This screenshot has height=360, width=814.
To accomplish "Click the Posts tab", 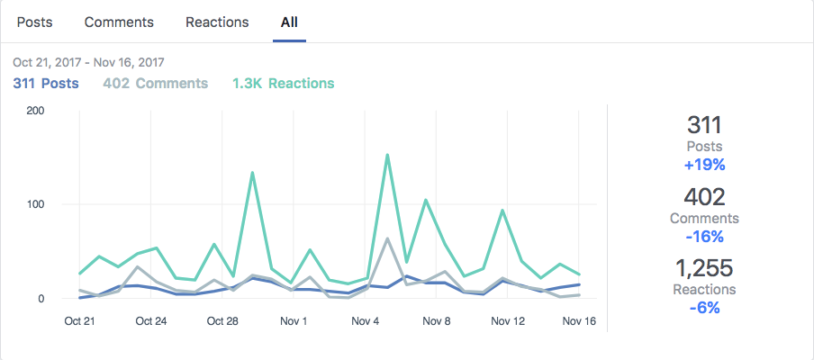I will (x=33, y=22).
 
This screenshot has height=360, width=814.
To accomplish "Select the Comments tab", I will (x=119, y=22).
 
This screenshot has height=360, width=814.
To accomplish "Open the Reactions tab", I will (x=217, y=22).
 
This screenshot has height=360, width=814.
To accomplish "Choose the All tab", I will (x=289, y=22).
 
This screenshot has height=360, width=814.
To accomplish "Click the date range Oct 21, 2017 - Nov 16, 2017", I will (x=88, y=63).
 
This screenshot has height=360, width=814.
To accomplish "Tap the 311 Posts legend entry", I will (x=46, y=84).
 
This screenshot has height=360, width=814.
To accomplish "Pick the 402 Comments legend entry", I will (x=156, y=84).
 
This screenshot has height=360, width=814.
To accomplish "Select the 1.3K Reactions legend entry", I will (x=283, y=84).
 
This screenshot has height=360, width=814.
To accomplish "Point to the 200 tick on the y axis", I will (x=37, y=111).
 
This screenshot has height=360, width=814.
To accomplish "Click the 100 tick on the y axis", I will (x=37, y=204).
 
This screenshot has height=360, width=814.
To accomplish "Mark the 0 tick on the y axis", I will (x=41, y=298).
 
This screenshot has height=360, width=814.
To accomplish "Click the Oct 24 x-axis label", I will (x=149, y=321).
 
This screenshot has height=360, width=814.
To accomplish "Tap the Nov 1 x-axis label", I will (x=293, y=321).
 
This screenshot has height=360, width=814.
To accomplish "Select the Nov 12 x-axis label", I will (x=507, y=321).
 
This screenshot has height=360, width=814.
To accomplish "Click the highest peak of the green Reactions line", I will (x=387, y=155).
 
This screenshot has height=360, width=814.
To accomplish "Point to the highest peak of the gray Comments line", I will (x=387, y=238).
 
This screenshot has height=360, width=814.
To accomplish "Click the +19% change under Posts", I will (x=705, y=165).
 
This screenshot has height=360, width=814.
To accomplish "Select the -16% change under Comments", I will (x=705, y=237).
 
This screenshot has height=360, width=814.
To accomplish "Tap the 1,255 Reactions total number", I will (x=705, y=268).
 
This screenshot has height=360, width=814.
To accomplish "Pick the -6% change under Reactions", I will (x=705, y=308).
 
